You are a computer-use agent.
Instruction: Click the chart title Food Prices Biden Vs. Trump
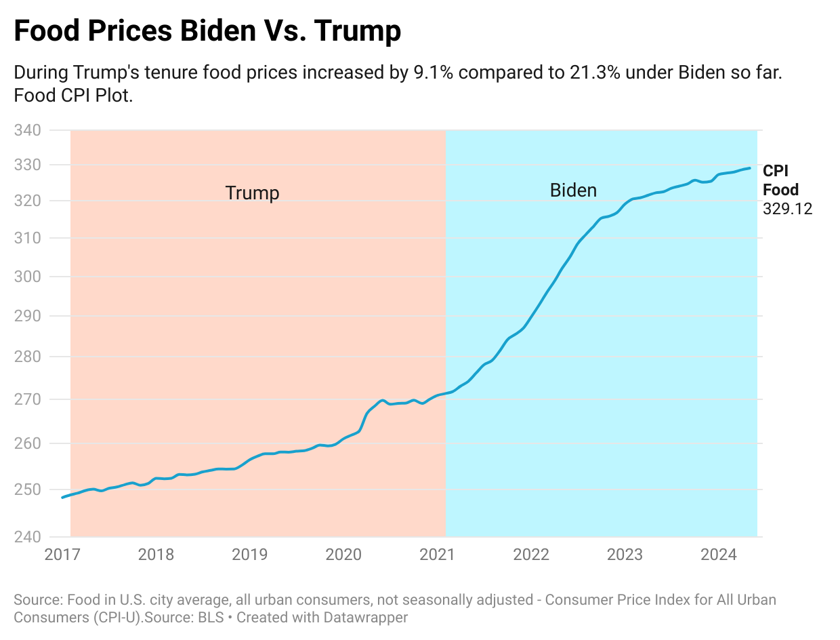pos(207,31)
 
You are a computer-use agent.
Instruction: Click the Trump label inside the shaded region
pos(252,193)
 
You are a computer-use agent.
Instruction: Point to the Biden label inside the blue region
pos(573,191)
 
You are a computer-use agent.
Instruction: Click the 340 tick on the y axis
pos(28,129)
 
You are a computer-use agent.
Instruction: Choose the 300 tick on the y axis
pos(28,277)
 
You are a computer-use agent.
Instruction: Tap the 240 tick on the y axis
pos(28,537)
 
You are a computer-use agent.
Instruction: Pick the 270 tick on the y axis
pos(28,399)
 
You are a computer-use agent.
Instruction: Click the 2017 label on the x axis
pos(62,555)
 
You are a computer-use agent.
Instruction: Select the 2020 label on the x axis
pos(343,555)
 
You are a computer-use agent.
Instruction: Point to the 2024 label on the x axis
pos(718,555)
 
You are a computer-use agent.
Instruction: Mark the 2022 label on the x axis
pos(531,555)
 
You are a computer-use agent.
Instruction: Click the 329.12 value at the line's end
pos(787,209)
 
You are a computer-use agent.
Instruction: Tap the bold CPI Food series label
pos(780,180)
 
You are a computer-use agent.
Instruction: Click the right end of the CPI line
pos(749,168)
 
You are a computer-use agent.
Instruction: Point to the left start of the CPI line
pos(62,498)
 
